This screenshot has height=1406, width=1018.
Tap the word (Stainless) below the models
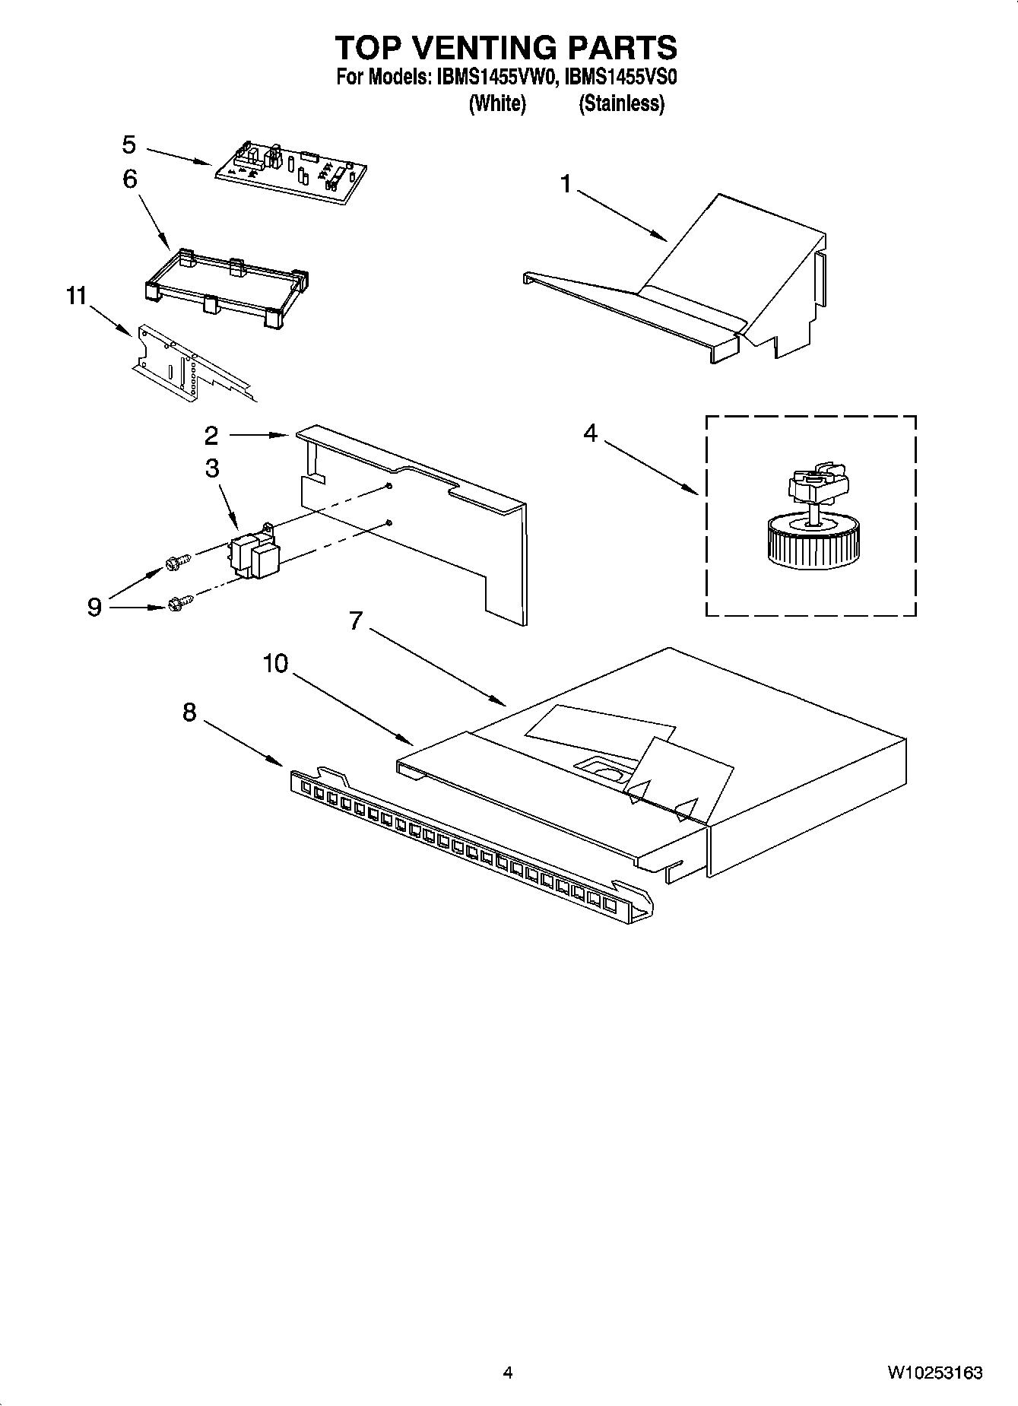pyautogui.click(x=621, y=103)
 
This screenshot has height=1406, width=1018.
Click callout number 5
pyautogui.click(x=128, y=144)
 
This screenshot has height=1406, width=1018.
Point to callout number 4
pyautogui.click(x=590, y=433)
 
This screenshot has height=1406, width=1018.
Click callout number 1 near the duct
pyautogui.click(x=565, y=184)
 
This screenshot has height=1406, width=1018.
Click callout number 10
pyautogui.click(x=275, y=664)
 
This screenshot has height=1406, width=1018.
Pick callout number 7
pyautogui.click(x=355, y=621)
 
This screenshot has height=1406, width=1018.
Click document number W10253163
pyautogui.click(x=934, y=1373)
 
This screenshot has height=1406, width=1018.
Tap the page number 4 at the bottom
pyautogui.click(x=508, y=1373)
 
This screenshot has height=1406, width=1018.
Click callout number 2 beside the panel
pyautogui.click(x=211, y=435)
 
